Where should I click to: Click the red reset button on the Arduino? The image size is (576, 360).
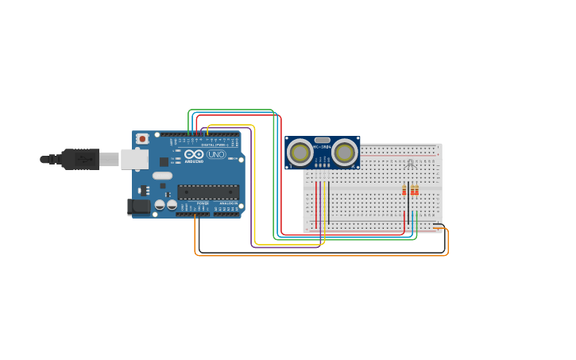[x=142, y=139]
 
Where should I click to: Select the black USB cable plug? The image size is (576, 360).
[x=80, y=159]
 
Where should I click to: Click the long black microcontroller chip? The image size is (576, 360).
[x=207, y=192]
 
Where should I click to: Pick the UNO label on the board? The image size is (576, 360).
[x=215, y=154]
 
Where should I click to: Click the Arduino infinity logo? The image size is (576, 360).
[x=194, y=154]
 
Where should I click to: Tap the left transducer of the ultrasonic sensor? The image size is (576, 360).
[x=300, y=152]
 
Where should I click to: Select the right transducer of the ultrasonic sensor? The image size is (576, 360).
[x=345, y=152]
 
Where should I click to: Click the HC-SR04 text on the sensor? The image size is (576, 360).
[x=322, y=147]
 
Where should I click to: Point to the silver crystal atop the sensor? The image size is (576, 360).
[x=322, y=140]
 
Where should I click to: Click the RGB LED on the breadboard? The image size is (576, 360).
[x=409, y=165]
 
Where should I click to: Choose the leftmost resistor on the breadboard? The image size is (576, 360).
[x=404, y=190]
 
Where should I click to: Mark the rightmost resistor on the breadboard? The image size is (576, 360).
[x=416, y=190]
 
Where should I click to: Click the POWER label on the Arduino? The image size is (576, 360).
[x=203, y=203]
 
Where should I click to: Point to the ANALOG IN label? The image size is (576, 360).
[x=227, y=203]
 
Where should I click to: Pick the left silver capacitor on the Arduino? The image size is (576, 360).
[x=160, y=205]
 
